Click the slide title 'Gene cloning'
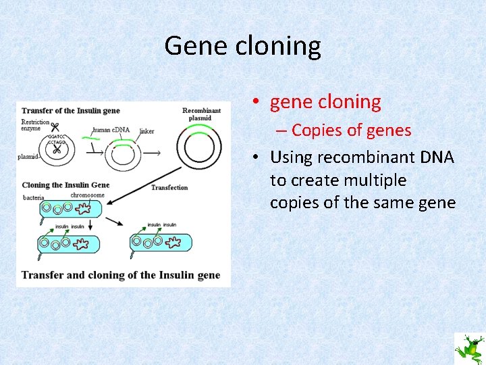[242, 46]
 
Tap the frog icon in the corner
[468, 349]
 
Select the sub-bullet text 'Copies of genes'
[351, 130]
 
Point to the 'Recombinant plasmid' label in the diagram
[201, 114]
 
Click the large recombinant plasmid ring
[199, 146]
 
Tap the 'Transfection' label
[169, 187]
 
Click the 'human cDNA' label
[111, 130]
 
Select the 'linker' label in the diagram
[146, 131]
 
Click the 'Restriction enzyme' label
[34, 125]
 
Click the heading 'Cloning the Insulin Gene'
[65, 185]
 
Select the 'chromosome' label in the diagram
[88, 195]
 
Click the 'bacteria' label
[33, 197]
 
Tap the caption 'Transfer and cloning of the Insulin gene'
[121, 275]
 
